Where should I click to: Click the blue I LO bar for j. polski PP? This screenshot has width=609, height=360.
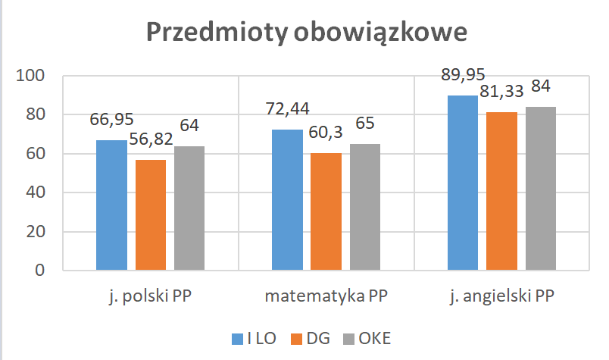(x=112, y=205)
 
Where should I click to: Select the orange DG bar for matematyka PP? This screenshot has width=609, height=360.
(x=326, y=211)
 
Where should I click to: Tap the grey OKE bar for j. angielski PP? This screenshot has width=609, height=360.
(x=541, y=189)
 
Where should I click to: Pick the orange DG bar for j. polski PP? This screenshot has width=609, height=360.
(x=151, y=215)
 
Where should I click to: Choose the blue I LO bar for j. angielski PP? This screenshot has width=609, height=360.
(x=463, y=183)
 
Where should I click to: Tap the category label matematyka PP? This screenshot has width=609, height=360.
(x=326, y=296)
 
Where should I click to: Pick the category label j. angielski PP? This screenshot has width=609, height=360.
(x=501, y=296)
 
